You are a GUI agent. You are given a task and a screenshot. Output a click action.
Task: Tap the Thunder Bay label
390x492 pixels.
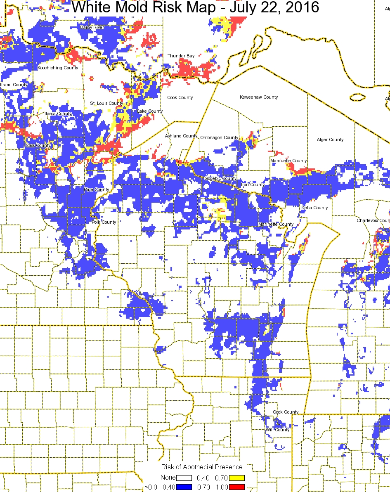pos(181,56)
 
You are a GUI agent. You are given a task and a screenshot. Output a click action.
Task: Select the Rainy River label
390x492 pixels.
pos(92,27)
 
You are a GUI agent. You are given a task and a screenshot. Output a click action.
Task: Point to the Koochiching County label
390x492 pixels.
pos(58,68)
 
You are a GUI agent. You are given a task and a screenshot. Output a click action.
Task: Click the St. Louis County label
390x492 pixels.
pos(106,103)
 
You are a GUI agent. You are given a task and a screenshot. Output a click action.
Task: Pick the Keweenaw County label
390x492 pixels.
pos(259,97)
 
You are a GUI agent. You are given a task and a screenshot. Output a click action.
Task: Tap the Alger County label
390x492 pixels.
pos(330,140)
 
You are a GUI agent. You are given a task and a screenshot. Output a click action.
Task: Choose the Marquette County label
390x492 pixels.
pos(288,161)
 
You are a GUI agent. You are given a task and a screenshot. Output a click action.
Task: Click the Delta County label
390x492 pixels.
pos(314,208)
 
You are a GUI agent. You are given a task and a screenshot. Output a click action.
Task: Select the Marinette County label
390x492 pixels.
pos(276,224)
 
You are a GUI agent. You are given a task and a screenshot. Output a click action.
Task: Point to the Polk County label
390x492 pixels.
pos(104,222)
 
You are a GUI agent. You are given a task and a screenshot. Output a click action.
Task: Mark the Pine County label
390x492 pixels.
pos(96,189)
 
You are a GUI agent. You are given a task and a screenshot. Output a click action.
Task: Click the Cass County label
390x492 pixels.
pos(38,145)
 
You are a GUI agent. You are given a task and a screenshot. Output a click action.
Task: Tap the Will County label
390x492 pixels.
pos(277,430)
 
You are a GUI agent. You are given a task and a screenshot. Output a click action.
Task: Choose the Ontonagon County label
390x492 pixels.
pos(219,137)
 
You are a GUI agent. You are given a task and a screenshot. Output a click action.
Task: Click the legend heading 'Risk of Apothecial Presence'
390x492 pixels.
pos(202,467)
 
